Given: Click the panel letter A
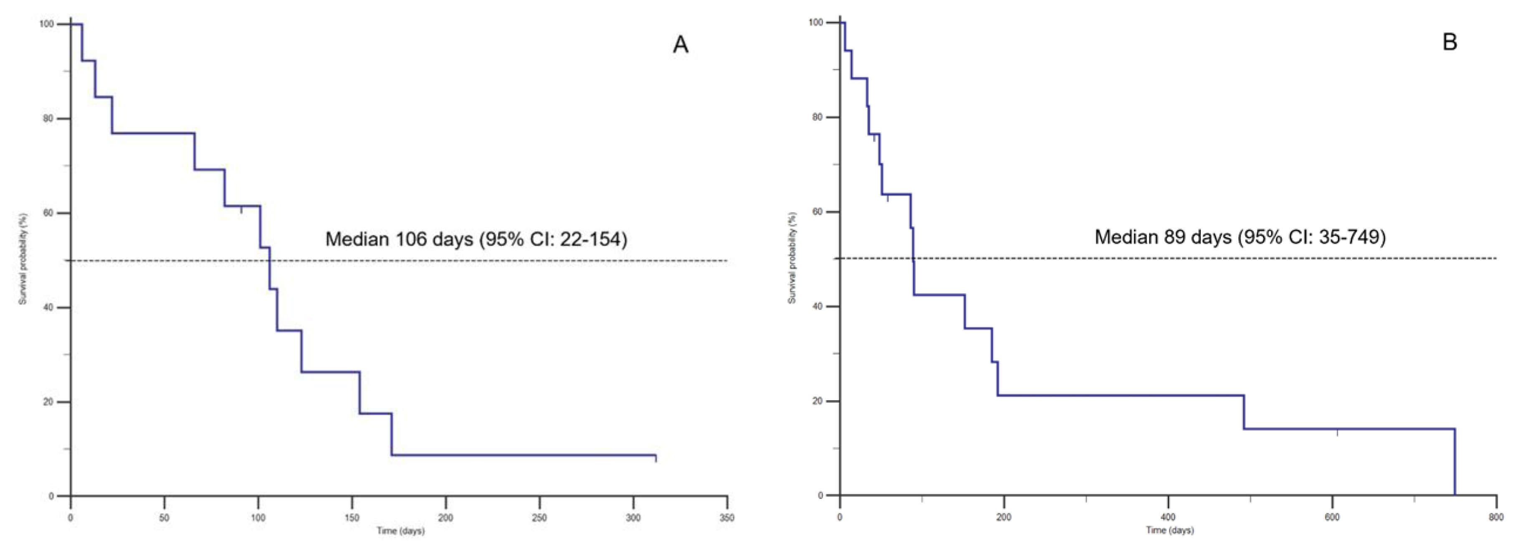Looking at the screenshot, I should [680, 45].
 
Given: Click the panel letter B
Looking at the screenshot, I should [1450, 42].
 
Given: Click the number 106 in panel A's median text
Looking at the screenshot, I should [410, 239].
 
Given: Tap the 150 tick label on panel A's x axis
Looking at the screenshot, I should [352, 518].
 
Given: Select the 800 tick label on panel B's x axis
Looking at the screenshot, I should [1496, 517].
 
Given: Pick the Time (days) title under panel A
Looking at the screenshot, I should [400, 531].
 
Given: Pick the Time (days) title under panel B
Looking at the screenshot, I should [1169, 530].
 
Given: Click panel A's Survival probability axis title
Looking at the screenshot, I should [22, 259].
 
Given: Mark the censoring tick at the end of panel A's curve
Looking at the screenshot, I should [655, 458].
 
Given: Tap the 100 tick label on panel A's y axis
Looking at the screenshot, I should [46, 24].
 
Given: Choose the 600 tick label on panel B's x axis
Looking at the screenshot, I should [1332, 517].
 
